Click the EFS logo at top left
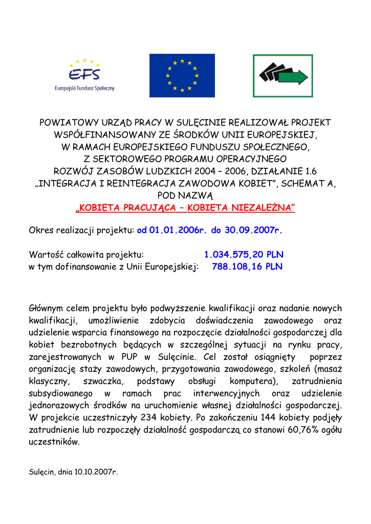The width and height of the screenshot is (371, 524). coord(85,75)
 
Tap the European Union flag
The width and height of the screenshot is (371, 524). coord(182,75)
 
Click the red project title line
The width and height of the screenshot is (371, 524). coord(185,208)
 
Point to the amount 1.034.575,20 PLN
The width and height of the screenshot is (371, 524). coord(244,254)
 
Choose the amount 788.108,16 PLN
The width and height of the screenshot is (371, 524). coord(247,267)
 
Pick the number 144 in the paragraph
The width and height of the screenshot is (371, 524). coord(271,418)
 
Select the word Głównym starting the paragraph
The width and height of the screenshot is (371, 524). coord(49,309)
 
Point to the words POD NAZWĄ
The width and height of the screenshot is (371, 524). coord(185,195)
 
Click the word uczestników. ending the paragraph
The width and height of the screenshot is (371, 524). coord(54,442)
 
